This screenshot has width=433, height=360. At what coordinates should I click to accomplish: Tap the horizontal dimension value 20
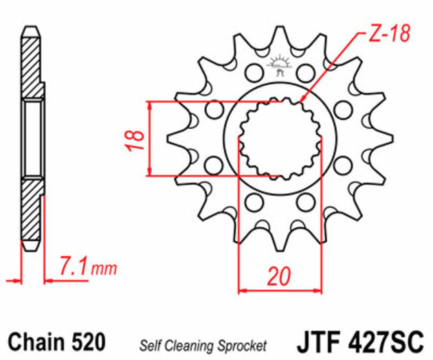[x=278, y=275]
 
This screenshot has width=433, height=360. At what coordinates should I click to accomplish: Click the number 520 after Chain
[x=87, y=341]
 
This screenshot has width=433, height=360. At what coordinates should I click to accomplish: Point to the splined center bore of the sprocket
[x=278, y=138]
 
